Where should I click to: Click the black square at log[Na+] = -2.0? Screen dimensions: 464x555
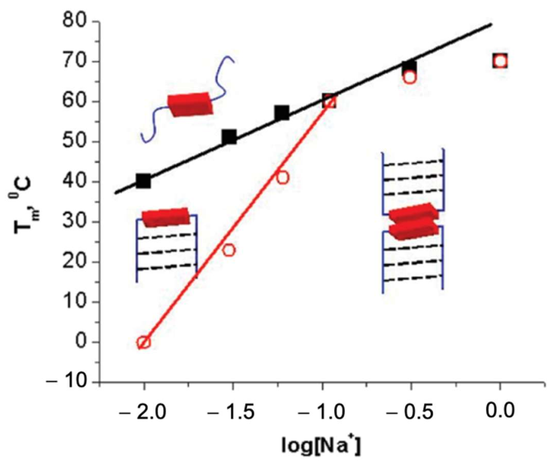(143, 181)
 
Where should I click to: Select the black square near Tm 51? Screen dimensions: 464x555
(229, 137)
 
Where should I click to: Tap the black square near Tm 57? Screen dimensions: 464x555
(282, 113)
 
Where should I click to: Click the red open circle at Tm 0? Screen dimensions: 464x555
(143, 342)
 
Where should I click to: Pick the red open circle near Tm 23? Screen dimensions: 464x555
(229, 250)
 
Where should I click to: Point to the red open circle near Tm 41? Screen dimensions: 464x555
(282, 178)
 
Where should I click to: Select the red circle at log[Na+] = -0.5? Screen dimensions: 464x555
(410, 77)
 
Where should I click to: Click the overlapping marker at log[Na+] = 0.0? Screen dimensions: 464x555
(500, 61)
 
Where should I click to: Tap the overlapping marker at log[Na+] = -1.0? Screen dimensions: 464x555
(330, 101)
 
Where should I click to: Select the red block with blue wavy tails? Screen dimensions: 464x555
(189, 105)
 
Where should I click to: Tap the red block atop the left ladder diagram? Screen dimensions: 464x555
(165, 217)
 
